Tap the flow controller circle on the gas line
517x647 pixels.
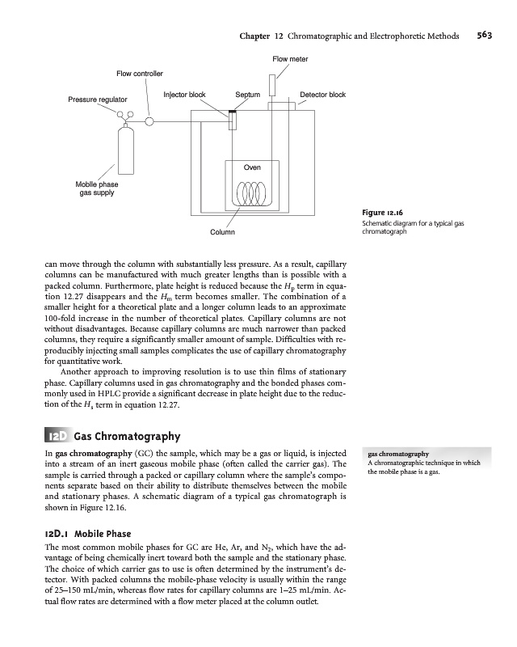click(150, 121)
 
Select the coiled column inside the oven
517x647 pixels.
click(246, 193)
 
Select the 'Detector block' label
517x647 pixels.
click(322, 95)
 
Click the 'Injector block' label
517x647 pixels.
click(184, 95)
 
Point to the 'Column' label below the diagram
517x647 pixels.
click(222, 233)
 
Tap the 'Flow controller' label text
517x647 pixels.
click(140, 74)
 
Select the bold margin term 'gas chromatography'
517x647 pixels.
click(398, 454)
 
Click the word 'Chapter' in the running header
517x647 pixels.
click(256, 36)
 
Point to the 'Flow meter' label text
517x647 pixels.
click(290, 59)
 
